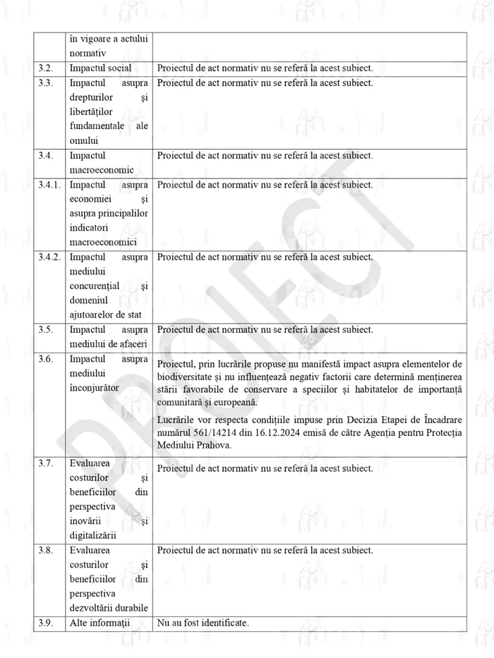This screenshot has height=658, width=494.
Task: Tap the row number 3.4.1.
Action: [50, 185]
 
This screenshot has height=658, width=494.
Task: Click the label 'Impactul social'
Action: [100, 68]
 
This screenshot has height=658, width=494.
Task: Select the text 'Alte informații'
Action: [101, 623]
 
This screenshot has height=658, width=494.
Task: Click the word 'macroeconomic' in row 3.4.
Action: [102, 170]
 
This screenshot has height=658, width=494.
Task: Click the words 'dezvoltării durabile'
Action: [109, 608]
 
